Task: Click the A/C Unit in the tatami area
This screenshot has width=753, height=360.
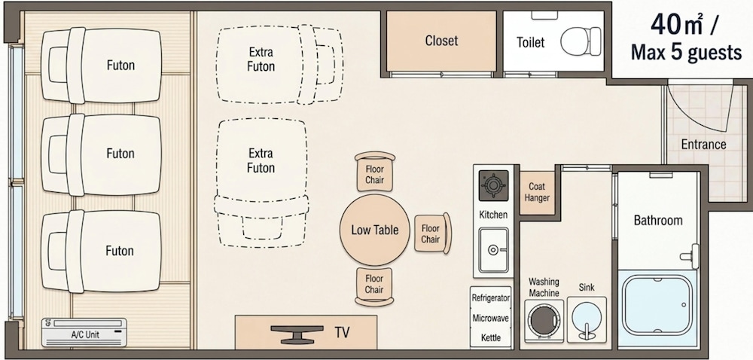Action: coord(84,332)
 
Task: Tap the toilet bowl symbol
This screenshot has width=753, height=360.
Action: coord(581,41)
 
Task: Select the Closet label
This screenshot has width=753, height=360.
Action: coord(441,41)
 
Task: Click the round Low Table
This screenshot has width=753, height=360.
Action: coord(375,230)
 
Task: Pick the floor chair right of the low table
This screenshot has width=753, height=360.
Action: coord(433,233)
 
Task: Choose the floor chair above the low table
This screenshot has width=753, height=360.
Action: coord(375,172)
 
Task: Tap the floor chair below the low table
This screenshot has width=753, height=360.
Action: coord(374,286)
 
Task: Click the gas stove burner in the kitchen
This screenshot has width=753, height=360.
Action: coord(493,185)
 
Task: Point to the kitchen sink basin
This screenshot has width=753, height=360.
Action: coord(493,249)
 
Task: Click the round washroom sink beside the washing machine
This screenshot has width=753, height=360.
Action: coord(587,319)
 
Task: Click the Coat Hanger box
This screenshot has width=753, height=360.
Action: coord(537,193)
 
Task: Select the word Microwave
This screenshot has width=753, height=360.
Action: coord(490,319)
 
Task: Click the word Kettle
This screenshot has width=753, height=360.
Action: coord(491,338)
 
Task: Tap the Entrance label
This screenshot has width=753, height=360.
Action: coord(703,144)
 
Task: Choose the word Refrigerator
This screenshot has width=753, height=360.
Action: coord(490,298)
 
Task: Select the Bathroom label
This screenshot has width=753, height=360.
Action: coord(658,221)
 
